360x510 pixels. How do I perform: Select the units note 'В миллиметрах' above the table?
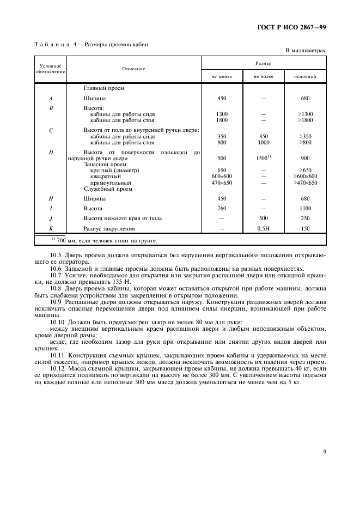tap(306, 51)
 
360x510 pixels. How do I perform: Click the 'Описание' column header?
tap(133, 69)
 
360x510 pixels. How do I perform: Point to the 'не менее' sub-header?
tap(222, 77)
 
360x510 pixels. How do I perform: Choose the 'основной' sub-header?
tap(305, 77)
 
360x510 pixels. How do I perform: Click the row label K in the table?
tap(51, 229)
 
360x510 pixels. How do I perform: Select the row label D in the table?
tap(51, 152)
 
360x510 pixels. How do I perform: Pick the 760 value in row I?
tap(222, 209)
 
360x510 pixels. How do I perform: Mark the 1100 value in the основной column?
tap(305, 209)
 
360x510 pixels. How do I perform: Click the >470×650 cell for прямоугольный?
tap(305, 183)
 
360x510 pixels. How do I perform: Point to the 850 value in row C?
tap(263, 136)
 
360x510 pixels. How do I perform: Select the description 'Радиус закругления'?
tap(108, 229)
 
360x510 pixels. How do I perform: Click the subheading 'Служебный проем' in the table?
tap(109, 189)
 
